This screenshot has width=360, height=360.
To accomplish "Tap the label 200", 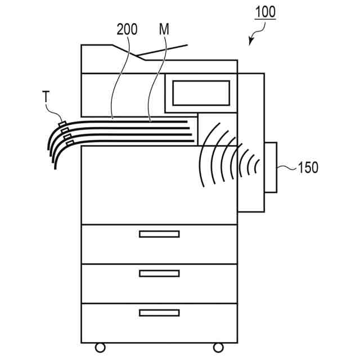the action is pyautogui.click(x=127, y=29).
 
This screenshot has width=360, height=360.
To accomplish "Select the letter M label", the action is pyautogui.click(x=164, y=29).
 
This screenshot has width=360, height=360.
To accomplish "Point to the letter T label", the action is pyautogui.click(x=46, y=98).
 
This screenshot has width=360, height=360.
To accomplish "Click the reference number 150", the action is pyautogui.click(x=308, y=167).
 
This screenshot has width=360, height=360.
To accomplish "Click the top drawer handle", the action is pyautogui.click(x=159, y=234).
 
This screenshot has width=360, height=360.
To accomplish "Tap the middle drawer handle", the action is pyautogui.click(x=159, y=273).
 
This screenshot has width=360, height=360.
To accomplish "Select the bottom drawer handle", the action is pyautogui.click(x=159, y=313).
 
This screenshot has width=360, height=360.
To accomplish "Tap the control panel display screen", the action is pyautogui.click(x=201, y=93).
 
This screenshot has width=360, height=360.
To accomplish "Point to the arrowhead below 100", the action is pyautogui.click(x=251, y=41).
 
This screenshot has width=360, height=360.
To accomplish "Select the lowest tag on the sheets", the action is pyautogui.click(x=70, y=143).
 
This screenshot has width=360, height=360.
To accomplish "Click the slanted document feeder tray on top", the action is pyautogui.click(x=163, y=51).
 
